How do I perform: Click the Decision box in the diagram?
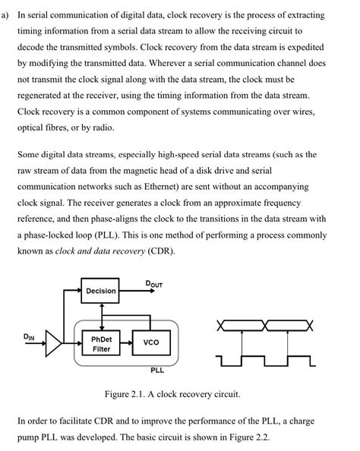[101, 291]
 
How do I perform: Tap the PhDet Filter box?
[101, 343]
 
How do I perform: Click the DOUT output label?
[153, 284]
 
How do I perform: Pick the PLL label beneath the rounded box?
[157, 370]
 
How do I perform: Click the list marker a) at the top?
[8, 15]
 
